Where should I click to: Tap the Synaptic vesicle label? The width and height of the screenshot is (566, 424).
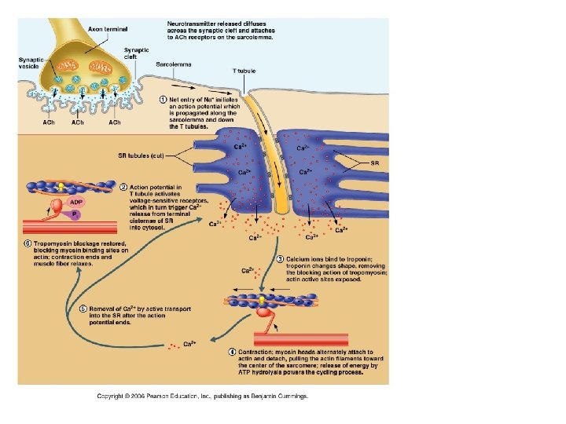point(31,64)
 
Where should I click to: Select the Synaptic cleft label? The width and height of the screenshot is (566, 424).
point(136,53)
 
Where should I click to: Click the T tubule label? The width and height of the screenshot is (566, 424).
point(244,71)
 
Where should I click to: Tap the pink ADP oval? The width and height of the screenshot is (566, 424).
point(76,201)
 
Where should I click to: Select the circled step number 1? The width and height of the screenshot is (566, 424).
point(163,99)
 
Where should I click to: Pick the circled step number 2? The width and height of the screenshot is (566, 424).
point(123,187)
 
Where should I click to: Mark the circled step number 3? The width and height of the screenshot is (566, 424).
point(281,259)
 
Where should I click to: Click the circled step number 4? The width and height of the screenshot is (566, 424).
point(232,351)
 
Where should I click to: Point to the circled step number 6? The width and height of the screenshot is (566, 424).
point(27,243)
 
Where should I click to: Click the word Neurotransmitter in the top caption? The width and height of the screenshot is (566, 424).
point(193,24)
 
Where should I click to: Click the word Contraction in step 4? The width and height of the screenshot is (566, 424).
point(255,351)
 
